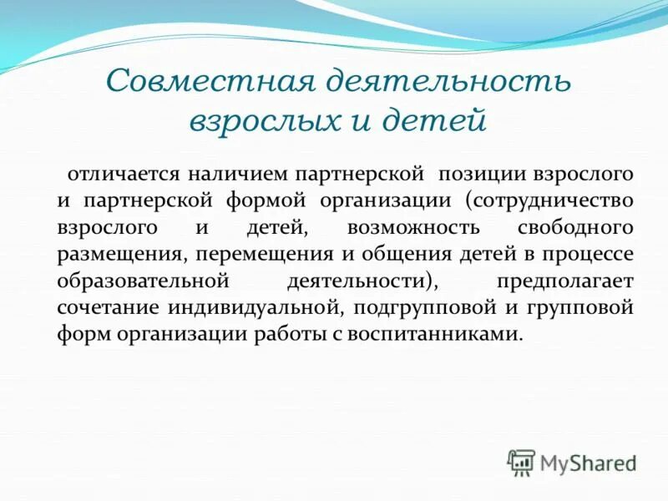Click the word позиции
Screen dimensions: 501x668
471,174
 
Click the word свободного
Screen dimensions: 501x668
576,228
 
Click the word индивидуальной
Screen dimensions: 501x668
253,307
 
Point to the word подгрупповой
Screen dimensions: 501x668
425,307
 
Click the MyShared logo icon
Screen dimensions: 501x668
521,461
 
